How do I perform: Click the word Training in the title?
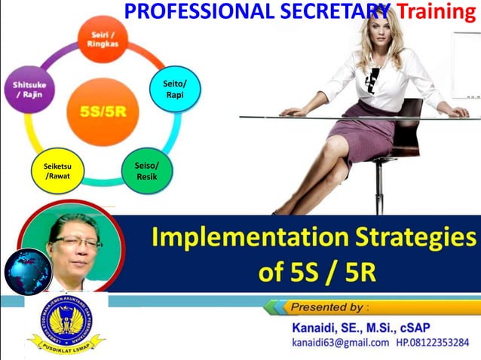point(438,11)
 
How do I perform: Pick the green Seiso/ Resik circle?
point(147,171)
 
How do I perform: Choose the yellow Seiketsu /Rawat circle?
point(57,171)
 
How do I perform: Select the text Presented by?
point(329,307)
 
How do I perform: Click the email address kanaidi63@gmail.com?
point(340,343)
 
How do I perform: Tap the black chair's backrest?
point(408,132)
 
